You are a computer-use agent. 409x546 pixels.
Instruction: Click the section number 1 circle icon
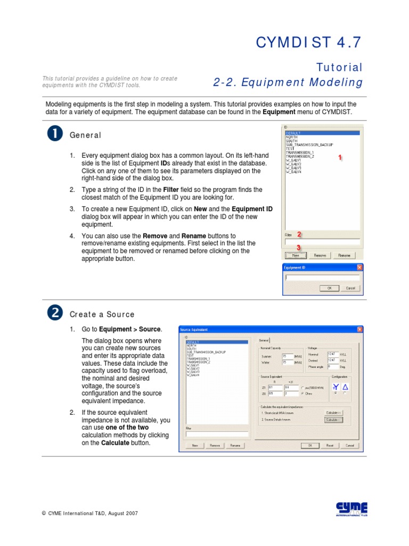pyautogui.click(x=55, y=134)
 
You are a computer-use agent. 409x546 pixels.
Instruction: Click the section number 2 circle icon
pyautogui.click(x=55, y=314)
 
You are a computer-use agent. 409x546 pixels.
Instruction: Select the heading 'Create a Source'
pyautogui.click(x=102, y=315)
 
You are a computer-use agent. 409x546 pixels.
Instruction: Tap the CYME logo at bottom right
pyautogui.click(x=351, y=509)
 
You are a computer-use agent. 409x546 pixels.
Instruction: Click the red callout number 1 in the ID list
pyautogui.click(x=340, y=158)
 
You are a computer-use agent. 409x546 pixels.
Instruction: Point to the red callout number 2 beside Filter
pyautogui.click(x=299, y=234)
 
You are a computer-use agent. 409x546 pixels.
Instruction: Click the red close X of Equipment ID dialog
pyautogui.click(x=359, y=267)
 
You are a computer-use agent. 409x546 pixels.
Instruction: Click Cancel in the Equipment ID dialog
pyautogui.click(x=350, y=288)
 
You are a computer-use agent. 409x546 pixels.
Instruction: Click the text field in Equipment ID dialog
pyautogui.click(x=322, y=277)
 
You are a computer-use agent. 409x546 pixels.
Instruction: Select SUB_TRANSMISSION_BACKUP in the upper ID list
pyautogui.click(x=309, y=144)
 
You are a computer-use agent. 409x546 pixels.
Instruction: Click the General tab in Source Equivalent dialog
pyautogui.click(x=264, y=340)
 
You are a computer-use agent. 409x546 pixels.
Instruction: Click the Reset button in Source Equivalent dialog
pyautogui.click(x=330, y=445)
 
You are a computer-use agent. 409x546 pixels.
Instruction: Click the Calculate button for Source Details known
pyautogui.click(x=333, y=420)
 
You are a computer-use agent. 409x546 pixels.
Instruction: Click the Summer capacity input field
pyautogui.click(x=288, y=356)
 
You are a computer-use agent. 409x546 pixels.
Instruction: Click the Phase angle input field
pyautogui.click(x=333, y=367)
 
